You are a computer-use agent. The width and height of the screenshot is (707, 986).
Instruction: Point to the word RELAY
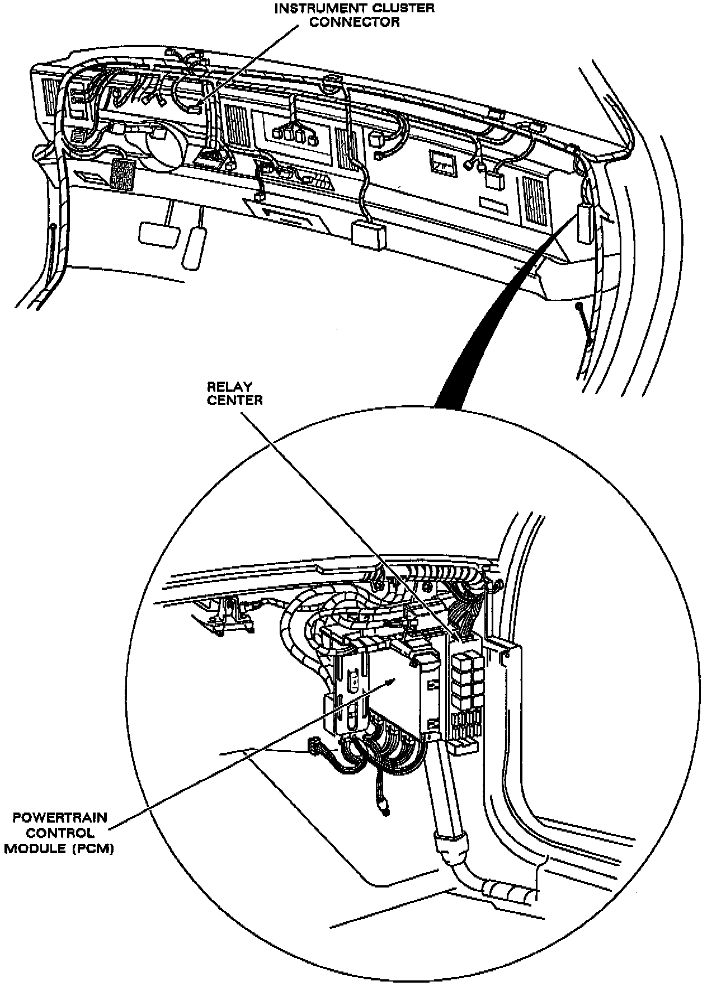tap(229, 387)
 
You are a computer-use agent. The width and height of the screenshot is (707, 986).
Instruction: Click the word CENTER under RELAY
tap(234, 400)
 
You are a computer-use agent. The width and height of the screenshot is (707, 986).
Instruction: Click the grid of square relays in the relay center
tap(465, 677)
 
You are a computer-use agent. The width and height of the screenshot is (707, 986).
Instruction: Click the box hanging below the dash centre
tap(369, 233)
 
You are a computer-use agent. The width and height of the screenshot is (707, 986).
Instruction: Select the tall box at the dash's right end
tap(586, 222)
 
